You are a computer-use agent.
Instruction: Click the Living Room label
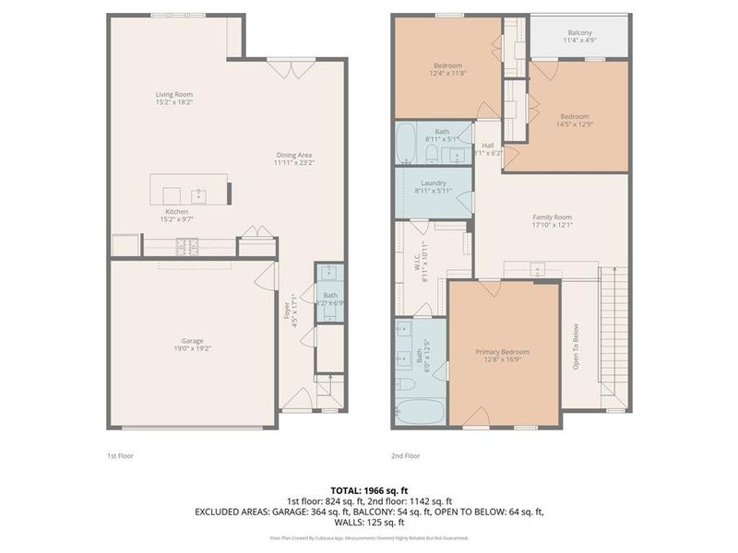click(x=173, y=94)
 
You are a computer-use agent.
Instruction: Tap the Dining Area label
click(x=294, y=155)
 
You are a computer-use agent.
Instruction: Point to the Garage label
click(x=192, y=340)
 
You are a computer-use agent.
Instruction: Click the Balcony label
click(x=579, y=32)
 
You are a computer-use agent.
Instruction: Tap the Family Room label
click(x=553, y=218)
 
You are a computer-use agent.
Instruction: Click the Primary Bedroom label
click(x=503, y=352)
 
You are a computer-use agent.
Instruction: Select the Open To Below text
click(x=575, y=346)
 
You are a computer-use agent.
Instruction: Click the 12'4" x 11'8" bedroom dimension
click(x=448, y=74)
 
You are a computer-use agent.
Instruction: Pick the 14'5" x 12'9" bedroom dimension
click(x=574, y=125)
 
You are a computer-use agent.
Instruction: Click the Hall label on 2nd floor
click(x=488, y=145)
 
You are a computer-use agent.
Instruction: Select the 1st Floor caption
click(x=121, y=455)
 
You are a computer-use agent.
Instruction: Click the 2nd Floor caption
click(x=406, y=455)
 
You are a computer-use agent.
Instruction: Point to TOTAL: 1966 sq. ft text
click(x=368, y=490)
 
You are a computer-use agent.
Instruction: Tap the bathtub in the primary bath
click(x=420, y=411)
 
